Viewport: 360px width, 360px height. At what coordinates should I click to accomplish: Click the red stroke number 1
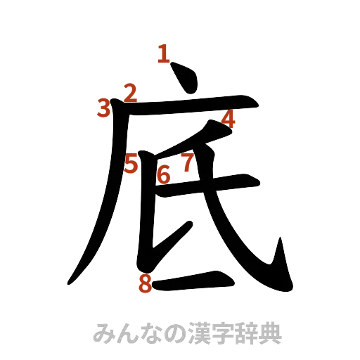tap(165, 53)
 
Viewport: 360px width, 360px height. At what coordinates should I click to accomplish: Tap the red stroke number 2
tap(131, 91)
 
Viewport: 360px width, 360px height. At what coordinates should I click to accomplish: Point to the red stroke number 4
tap(228, 119)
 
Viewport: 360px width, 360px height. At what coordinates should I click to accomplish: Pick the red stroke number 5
tap(131, 164)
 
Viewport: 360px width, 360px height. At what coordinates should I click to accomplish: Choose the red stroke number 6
tap(164, 174)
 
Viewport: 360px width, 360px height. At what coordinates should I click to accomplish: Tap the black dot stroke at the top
tap(184, 78)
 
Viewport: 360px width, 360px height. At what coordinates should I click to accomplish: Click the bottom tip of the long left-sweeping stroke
tap(70, 282)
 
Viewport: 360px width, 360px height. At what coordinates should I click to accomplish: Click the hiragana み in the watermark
tap(103, 333)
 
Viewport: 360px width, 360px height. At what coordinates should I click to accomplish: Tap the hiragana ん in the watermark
tap(127, 333)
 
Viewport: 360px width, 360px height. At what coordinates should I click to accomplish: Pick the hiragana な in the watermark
tap(150, 333)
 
